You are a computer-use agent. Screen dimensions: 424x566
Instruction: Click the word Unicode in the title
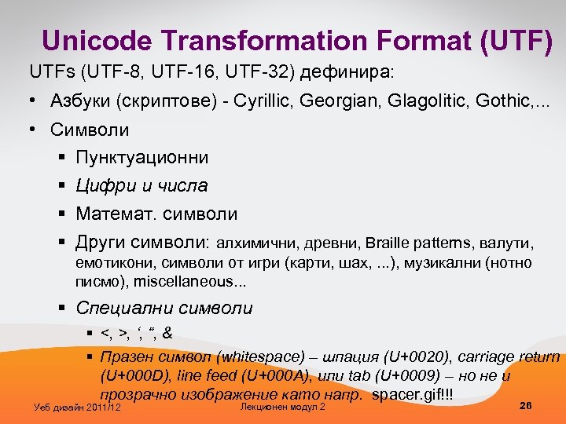pos(94,42)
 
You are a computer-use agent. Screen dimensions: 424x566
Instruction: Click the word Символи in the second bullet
pos(90,130)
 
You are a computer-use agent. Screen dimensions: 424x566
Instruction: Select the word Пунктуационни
pos(142,158)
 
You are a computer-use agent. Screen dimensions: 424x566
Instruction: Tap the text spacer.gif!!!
pos(412,393)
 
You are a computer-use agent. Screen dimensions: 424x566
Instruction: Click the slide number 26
pos(526,405)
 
